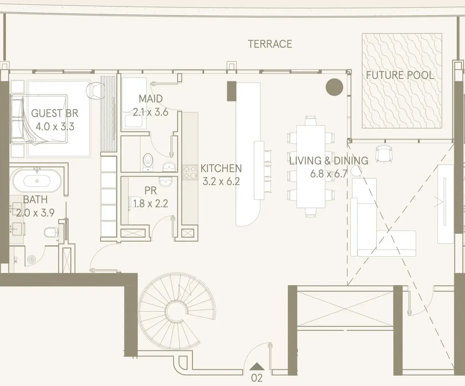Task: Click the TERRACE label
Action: [270, 44]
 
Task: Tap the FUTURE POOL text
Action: [400, 75]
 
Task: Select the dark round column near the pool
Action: [334, 87]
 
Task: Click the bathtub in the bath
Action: [37, 181]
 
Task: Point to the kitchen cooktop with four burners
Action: [190, 172]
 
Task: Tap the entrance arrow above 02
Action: [257, 366]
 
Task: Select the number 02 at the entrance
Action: [257, 378]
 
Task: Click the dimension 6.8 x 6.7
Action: [329, 174]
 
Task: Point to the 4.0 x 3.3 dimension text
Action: [55, 127]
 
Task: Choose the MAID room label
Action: [151, 99]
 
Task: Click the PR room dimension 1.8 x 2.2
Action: [151, 204]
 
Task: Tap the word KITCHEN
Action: [221, 168]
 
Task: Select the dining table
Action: [311, 166]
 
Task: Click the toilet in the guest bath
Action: [51, 232]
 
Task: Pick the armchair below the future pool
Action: [384, 153]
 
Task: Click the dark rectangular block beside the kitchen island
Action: [232, 91]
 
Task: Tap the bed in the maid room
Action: [134, 103]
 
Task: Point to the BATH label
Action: [35, 200]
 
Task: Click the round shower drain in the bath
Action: [32, 259]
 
